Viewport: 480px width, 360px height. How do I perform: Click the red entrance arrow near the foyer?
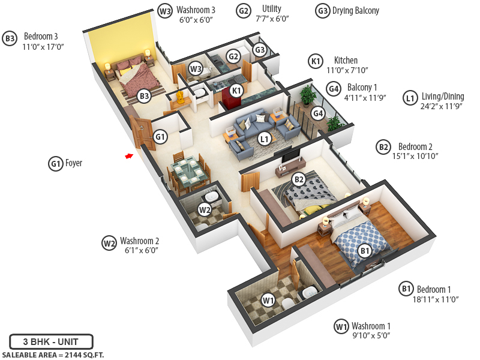point(128,156)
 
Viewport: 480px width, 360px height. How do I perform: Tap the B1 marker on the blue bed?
point(364,251)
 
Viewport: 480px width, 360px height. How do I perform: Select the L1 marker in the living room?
point(264,139)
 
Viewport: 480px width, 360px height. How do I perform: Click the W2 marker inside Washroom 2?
point(205,210)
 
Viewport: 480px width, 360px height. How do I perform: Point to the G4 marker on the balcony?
point(318,113)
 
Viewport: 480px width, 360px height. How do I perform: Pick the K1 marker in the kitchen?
point(236,91)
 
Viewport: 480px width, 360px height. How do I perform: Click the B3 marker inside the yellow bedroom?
point(143,95)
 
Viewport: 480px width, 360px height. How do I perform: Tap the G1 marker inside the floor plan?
point(160,137)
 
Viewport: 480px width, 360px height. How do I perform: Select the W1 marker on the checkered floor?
point(268,300)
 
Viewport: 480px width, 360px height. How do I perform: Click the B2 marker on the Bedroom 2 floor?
point(299,178)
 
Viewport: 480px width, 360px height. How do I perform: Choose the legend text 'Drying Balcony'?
point(356,11)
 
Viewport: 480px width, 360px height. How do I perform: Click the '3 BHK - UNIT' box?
point(51,342)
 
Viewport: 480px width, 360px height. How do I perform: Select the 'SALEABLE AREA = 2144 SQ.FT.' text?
point(52,355)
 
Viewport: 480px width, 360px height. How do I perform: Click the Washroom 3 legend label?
point(196,10)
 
